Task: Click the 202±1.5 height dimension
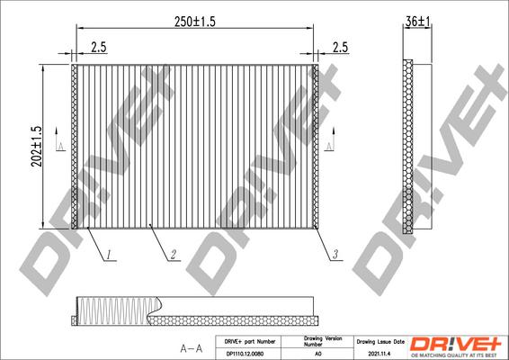point(37,144)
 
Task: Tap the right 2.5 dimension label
point(340,49)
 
